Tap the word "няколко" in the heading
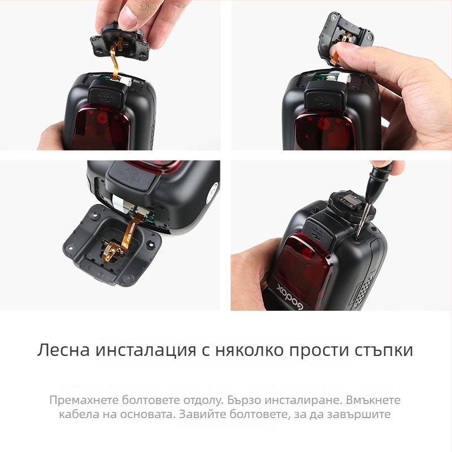click(248, 350)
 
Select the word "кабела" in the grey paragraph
click(76, 415)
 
